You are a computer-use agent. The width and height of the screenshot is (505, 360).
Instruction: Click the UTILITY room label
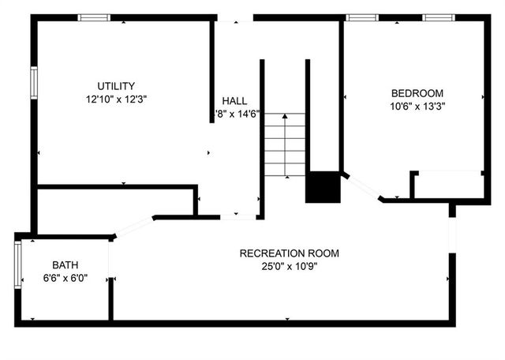point(116,86)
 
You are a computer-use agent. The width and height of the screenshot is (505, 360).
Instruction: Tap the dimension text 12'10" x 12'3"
point(117,99)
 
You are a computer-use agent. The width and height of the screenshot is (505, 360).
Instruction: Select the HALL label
point(234,101)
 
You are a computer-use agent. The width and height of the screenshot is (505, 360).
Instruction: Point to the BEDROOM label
point(417,92)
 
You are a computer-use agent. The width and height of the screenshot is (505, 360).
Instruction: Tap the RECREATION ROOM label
point(290,253)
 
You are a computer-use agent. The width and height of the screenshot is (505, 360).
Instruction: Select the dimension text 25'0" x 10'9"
point(290,266)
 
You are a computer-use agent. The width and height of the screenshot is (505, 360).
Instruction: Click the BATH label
point(65,265)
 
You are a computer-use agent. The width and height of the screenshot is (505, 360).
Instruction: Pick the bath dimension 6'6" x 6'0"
point(65,278)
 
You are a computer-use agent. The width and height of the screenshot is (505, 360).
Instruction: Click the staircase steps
point(284,144)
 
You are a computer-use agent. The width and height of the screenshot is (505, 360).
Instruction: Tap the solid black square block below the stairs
point(322,186)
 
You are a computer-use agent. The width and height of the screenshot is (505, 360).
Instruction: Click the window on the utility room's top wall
point(94,17)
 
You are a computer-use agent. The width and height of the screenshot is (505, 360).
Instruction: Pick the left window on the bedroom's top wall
point(362,17)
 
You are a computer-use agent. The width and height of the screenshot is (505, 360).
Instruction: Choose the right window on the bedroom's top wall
point(436,17)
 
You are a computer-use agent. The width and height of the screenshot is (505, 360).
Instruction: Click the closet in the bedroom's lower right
point(448,185)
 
